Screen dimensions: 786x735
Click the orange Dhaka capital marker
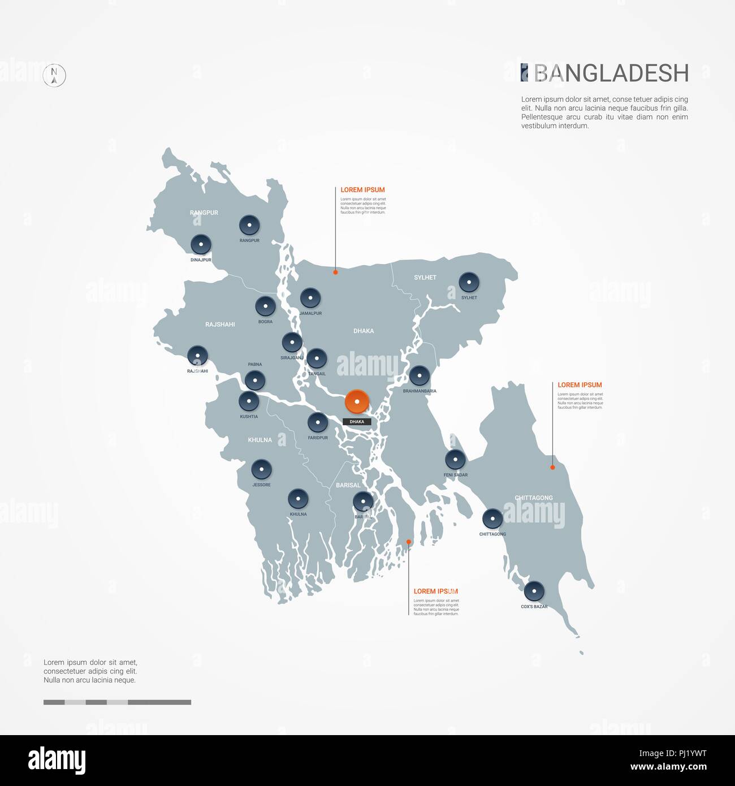357,402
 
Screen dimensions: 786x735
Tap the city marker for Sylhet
469,282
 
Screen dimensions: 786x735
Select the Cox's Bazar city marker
534,591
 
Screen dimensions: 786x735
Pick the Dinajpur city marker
201,245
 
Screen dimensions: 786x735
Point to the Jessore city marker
261,469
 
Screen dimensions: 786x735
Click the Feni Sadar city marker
455,459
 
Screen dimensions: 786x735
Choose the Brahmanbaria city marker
420,375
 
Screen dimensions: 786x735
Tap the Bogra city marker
265,306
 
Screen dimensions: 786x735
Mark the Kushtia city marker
249,401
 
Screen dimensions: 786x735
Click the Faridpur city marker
318,422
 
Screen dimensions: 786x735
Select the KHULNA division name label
260,440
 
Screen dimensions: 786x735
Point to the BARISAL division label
348,485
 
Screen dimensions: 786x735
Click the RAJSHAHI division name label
220,325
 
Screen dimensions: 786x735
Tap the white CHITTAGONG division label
534,498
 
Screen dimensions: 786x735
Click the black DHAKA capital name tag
357,422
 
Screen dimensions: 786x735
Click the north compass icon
54,75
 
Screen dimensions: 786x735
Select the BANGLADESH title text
611,74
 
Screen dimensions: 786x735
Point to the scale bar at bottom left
117,702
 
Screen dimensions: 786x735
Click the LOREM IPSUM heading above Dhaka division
362,190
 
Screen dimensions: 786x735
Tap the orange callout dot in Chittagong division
552,467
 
